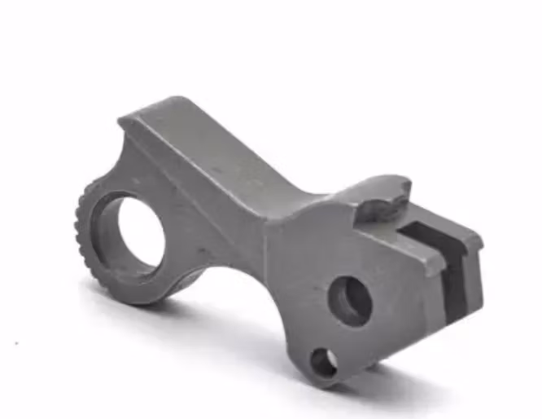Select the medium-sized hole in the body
click(x=351, y=301)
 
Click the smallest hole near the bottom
click(x=324, y=361)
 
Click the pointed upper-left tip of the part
click(x=122, y=121)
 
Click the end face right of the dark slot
click(x=472, y=277)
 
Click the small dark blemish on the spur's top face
click(x=216, y=170)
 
